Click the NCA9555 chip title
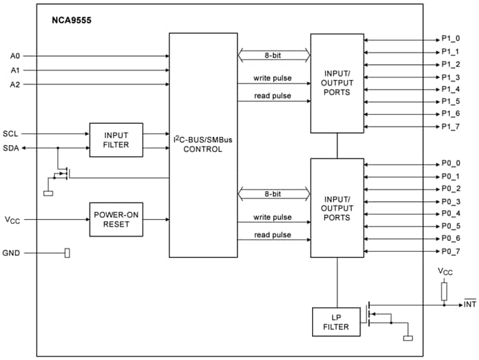tap(70, 21)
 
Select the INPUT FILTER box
tap(116, 140)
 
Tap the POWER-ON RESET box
tap(116, 219)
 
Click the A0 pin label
tap(15, 55)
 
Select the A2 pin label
tap(15, 84)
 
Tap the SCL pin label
tap(11, 133)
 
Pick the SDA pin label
tap(11, 148)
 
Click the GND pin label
tap(12, 253)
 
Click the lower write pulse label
tap(272, 217)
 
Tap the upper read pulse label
tap(272, 96)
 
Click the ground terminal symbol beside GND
tap(67, 253)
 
